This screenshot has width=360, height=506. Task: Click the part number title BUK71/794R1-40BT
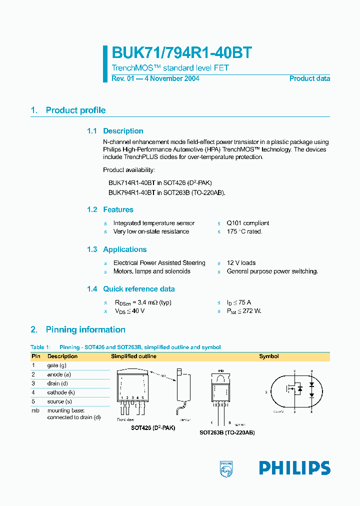182,53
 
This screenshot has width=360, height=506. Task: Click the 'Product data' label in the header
309,78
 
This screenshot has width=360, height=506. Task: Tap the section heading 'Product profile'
75,110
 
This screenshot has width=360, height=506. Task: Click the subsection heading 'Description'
123,131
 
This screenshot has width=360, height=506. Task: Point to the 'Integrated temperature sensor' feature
153,223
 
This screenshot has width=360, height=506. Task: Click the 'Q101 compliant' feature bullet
247,223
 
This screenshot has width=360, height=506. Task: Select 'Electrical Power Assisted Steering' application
159,263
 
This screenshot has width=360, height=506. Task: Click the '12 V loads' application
241,263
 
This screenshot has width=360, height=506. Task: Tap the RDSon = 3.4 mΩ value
143,302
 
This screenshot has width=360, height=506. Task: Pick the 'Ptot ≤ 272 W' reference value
244,311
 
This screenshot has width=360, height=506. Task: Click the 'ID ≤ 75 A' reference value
239,302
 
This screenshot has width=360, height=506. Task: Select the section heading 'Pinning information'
85,329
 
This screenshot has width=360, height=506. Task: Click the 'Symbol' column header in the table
268,356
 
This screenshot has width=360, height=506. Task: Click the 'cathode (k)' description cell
61,392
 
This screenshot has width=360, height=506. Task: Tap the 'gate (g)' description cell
56,365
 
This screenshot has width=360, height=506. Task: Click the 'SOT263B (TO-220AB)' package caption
227,432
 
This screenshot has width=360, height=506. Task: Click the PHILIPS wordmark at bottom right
294,468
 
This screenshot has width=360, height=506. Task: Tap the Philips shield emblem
226,468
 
